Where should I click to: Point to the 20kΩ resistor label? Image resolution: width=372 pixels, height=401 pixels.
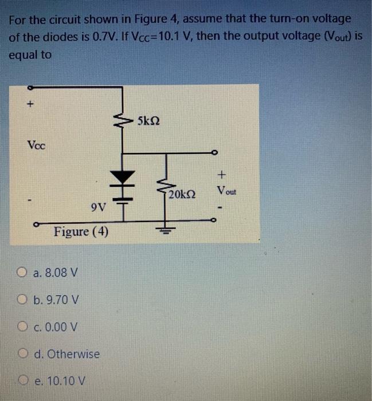tap(183, 195)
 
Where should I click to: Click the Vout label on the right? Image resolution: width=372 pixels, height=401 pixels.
tap(226, 190)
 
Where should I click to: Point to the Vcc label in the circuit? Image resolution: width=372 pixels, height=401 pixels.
tap(36, 144)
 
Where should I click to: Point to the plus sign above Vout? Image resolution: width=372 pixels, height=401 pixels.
tap(222, 173)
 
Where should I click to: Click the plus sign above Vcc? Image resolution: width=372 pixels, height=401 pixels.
tap(33, 105)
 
